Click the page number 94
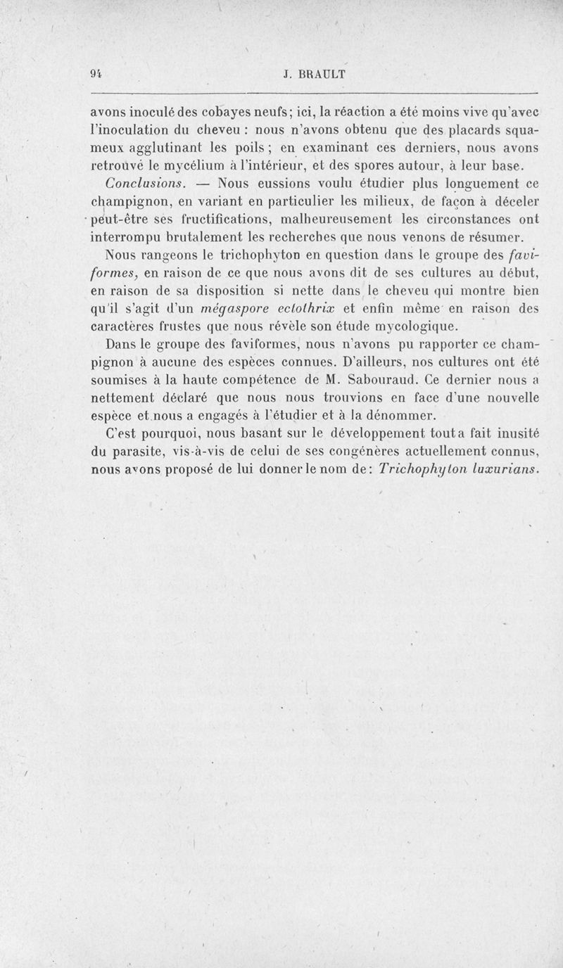coord(97,72)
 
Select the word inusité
coord(514,435)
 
